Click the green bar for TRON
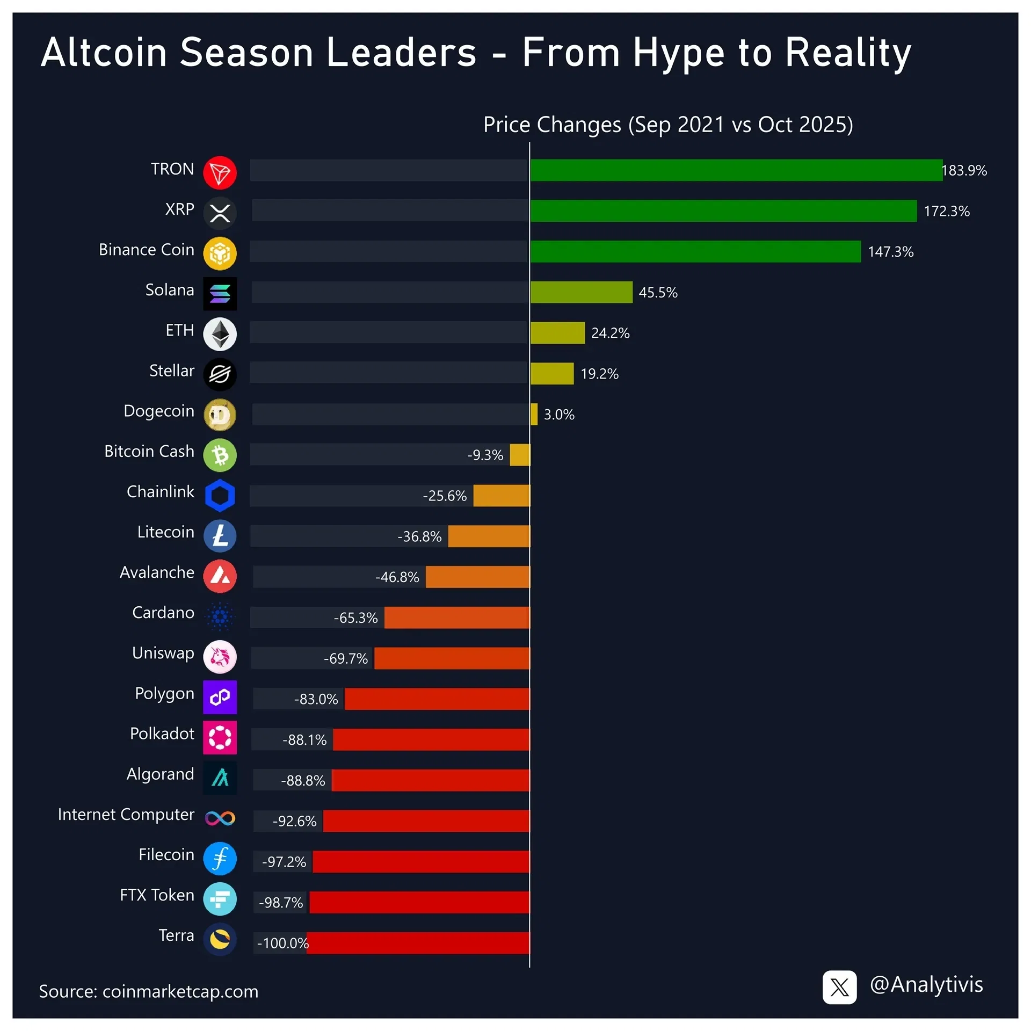coord(736,170)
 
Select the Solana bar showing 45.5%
coord(581,292)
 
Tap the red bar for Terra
coord(418,943)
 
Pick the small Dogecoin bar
coord(534,414)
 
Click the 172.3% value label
coord(946,211)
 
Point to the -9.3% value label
coord(485,455)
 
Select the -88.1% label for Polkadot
coord(304,740)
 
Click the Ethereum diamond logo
coord(220,334)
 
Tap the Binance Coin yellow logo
coord(220,253)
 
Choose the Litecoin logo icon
coord(220,536)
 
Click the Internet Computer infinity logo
coord(220,818)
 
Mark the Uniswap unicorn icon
coord(220,657)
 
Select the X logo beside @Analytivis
coord(839,987)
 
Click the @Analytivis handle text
coord(926,985)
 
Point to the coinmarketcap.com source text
coord(180,992)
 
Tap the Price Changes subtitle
coord(667,125)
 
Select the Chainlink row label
coord(160,491)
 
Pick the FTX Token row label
coord(157,895)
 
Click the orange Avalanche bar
coord(477,577)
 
